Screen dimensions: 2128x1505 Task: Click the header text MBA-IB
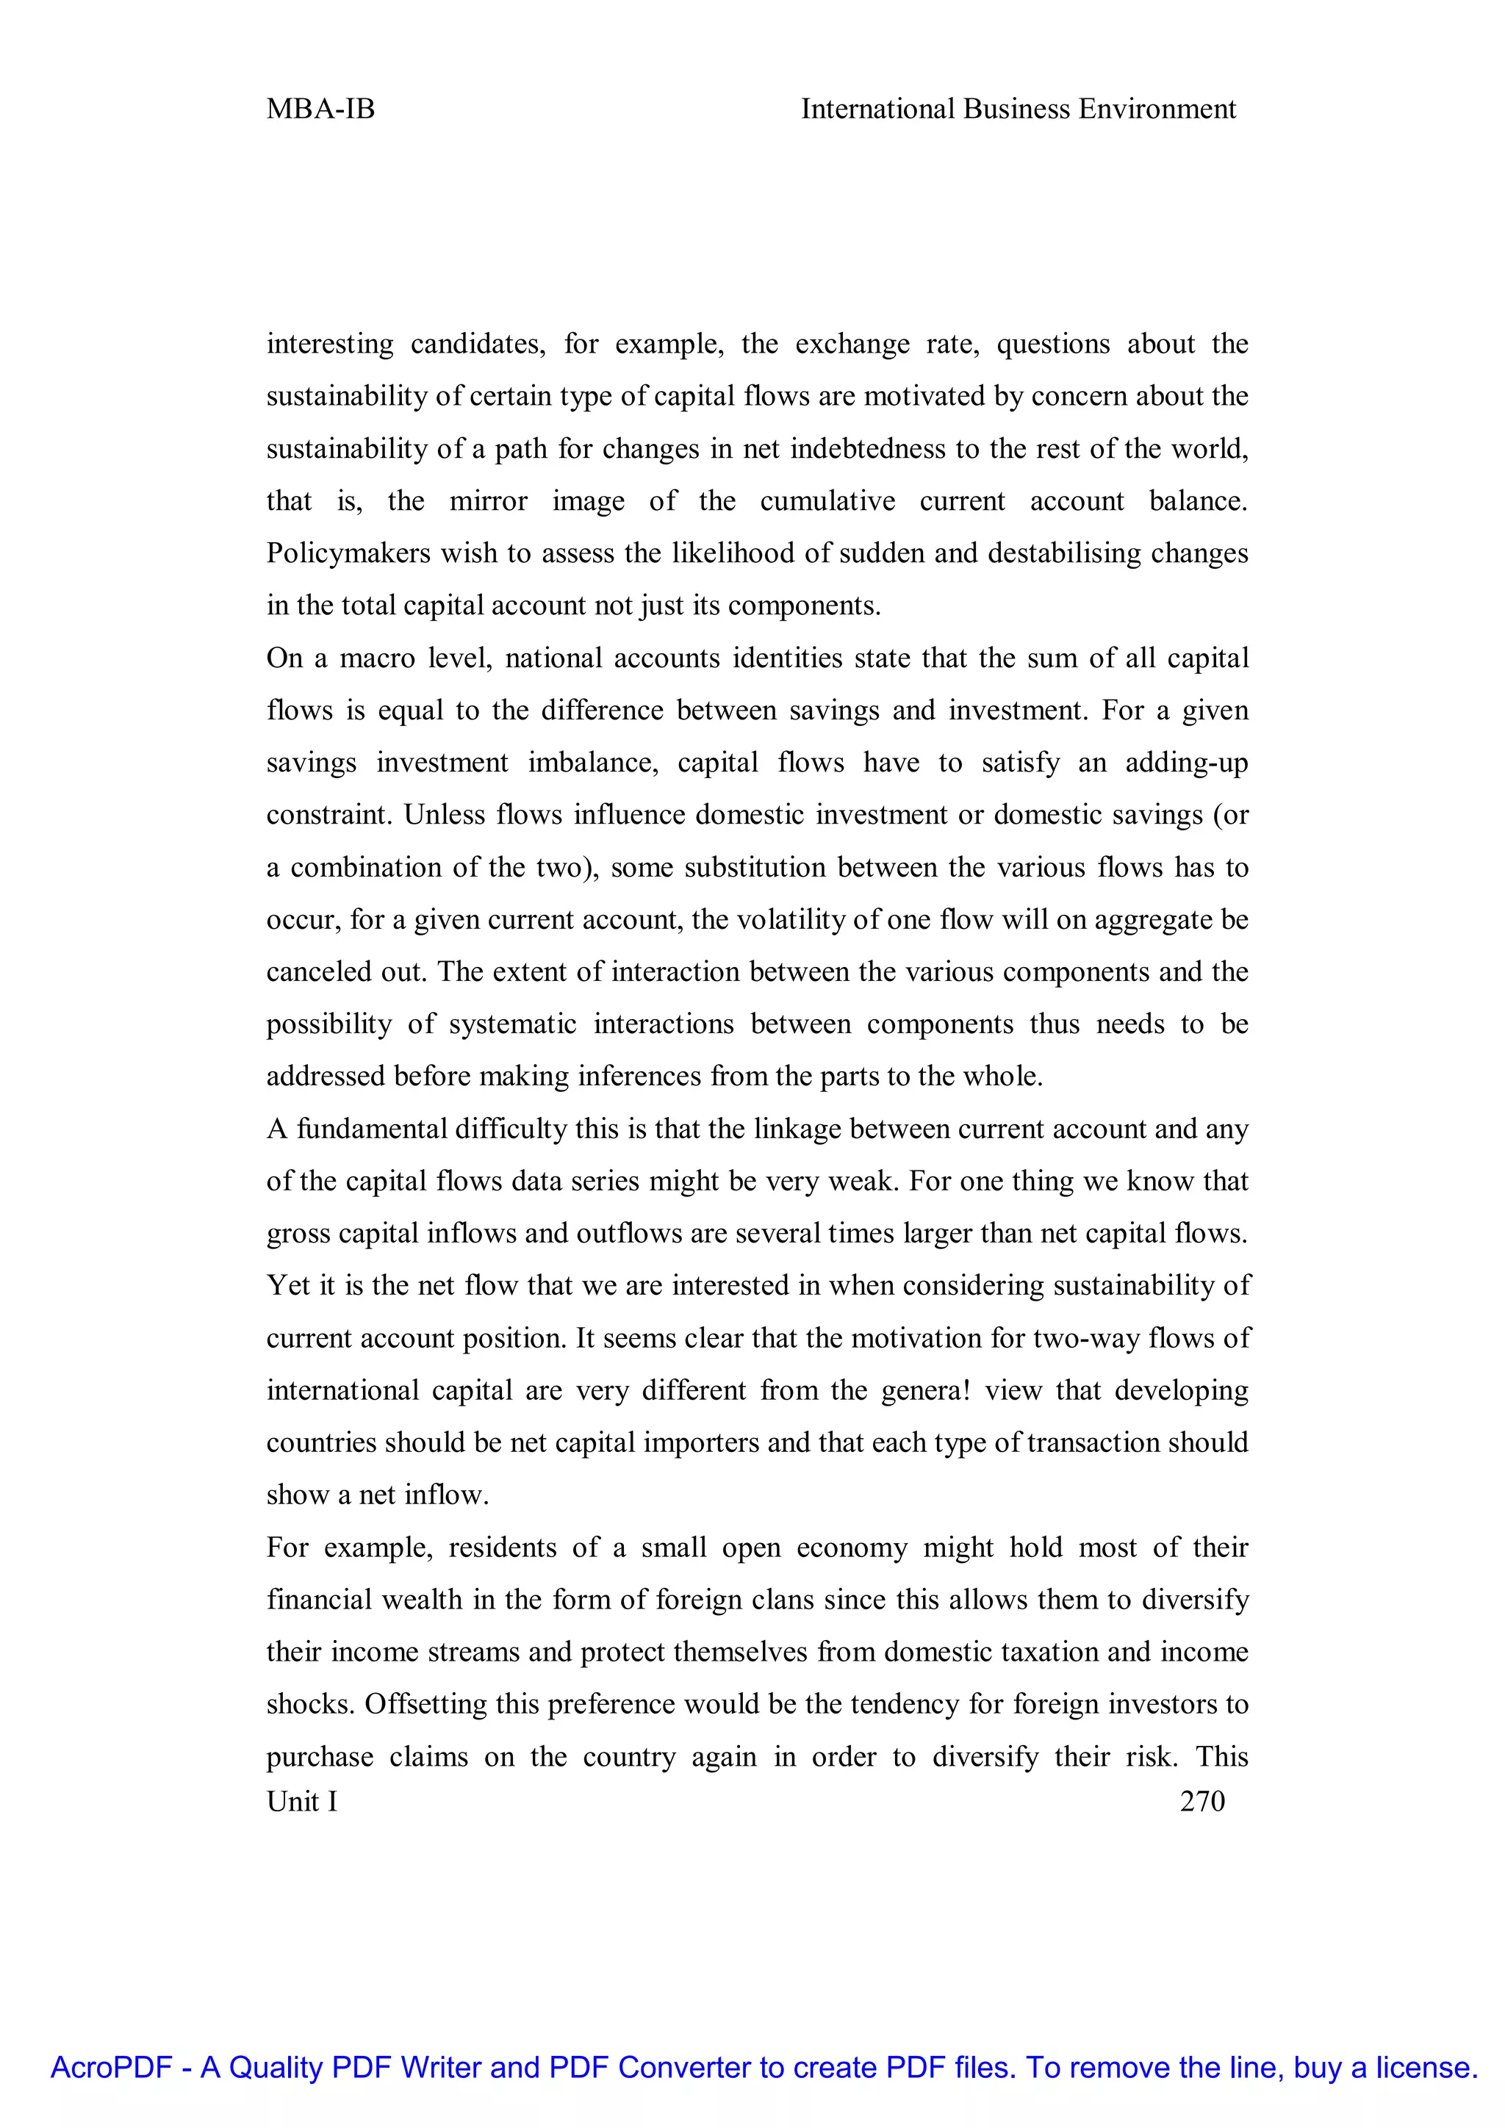pos(320,109)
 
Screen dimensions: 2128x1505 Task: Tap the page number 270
pos(1202,1801)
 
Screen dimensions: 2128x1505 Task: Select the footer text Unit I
pos(302,1801)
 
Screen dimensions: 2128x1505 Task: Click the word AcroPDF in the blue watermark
pos(111,2067)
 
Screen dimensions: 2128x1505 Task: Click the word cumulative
pos(827,501)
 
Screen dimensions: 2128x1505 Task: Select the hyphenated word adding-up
pos(1186,763)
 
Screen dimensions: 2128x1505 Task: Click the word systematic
pos(512,1024)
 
